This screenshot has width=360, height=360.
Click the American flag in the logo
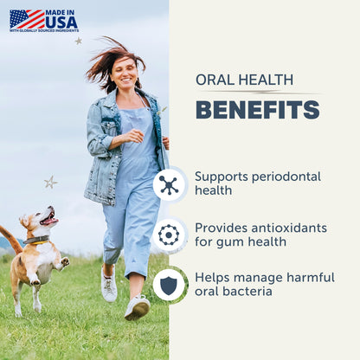(x=26, y=19)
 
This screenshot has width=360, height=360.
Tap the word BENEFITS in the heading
(x=257, y=110)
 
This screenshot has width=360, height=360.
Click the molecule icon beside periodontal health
(x=169, y=184)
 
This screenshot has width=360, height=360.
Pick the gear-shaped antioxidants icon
(x=169, y=235)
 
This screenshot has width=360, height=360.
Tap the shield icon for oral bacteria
(x=169, y=285)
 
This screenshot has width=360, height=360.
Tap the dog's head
(x=41, y=220)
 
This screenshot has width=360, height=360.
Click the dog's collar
(x=37, y=240)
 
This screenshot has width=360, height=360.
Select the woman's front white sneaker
(x=136, y=307)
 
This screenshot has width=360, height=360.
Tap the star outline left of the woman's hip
(x=50, y=182)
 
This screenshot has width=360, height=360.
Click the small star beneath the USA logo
(x=78, y=41)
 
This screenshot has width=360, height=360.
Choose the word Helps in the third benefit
(x=212, y=277)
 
